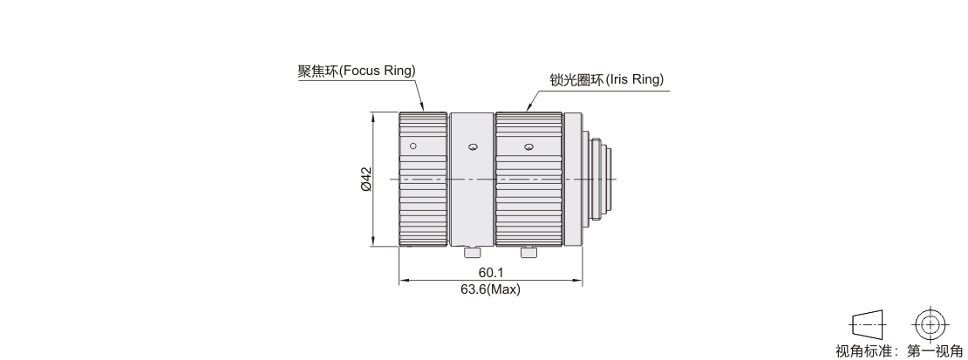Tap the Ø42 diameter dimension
pos(366,179)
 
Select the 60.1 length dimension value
pos(491,272)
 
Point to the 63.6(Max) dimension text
pos(490,289)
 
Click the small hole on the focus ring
pos(413,146)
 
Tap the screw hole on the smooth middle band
pos(473,147)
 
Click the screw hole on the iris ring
pos(528,147)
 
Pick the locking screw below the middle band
pos(473,252)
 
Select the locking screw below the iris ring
pos(528,252)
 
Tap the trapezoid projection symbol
pos(868,324)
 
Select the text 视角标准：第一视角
pos(902,351)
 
